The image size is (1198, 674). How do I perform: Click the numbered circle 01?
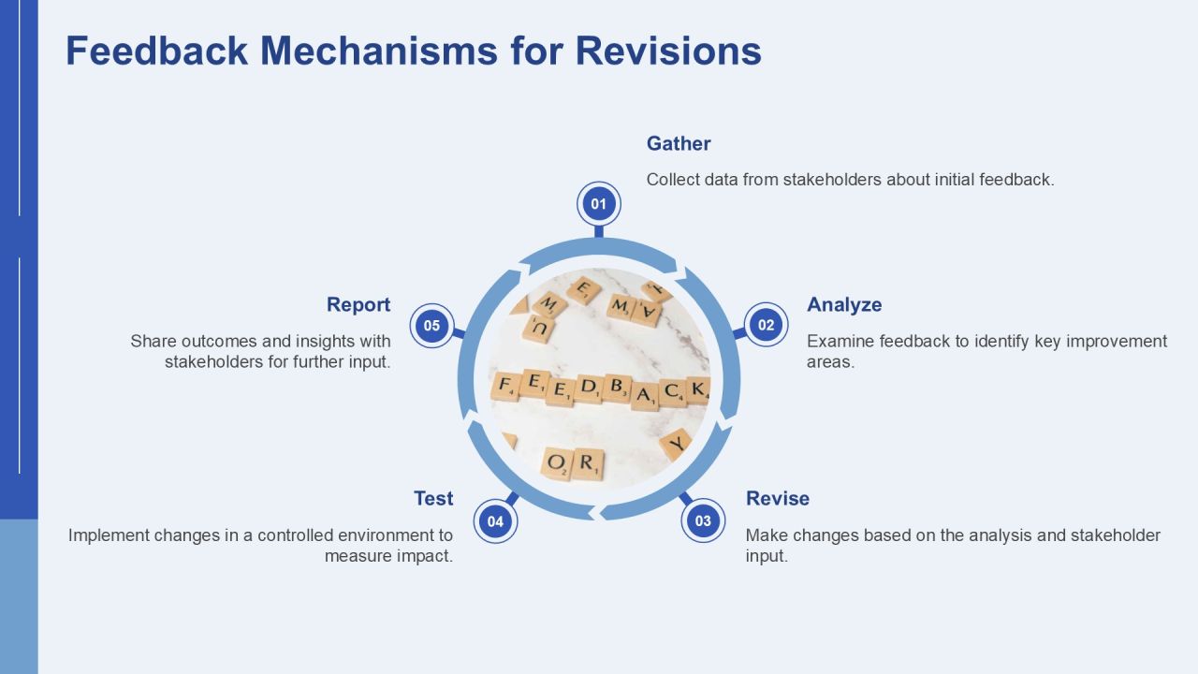(598, 204)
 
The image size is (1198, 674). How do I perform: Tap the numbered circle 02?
(766, 325)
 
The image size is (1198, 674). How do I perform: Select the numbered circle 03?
(703, 520)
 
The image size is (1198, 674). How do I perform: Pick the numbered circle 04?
(495, 521)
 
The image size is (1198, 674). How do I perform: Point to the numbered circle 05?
(431, 325)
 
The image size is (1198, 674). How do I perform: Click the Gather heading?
(679, 143)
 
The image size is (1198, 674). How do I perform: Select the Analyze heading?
(844, 304)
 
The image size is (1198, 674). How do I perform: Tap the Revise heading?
(777, 498)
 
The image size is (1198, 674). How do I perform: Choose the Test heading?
(433, 498)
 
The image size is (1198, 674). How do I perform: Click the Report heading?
(358, 304)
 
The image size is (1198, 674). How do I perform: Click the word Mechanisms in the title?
(379, 51)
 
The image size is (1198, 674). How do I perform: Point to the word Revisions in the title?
(668, 51)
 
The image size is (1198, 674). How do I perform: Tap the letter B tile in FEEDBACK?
(617, 388)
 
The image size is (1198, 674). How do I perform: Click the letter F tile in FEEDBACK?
(504, 387)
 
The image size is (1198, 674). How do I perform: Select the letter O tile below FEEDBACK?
(557, 463)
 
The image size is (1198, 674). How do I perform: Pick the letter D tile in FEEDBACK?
(588, 388)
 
